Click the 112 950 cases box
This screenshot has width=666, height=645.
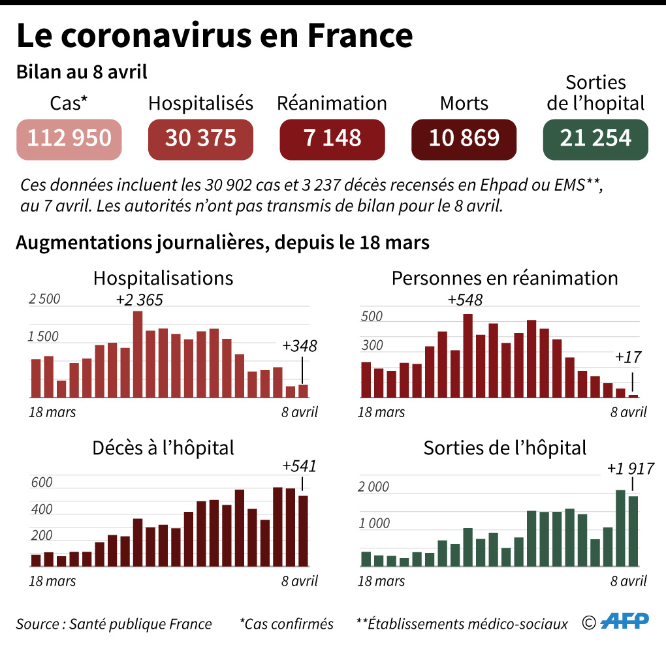pyautogui.click(x=69, y=139)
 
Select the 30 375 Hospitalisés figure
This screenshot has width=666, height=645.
pyautogui.click(x=200, y=139)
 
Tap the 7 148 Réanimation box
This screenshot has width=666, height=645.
pyautogui.click(x=332, y=139)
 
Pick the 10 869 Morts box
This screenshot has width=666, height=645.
pyautogui.click(x=464, y=139)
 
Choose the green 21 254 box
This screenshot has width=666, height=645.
pyautogui.click(x=595, y=139)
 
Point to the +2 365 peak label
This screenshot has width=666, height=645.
pyautogui.click(x=139, y=300)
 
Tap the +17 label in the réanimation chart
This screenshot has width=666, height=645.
pyautogui.click(x=628, y=357)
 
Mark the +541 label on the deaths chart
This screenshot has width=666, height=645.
pyautogui.click(x=299, y=466)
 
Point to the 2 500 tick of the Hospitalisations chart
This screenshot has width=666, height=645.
pyautogui.click(x=44, y=299)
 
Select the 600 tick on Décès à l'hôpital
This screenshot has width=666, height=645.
pyautogui.click(x=41, y=483)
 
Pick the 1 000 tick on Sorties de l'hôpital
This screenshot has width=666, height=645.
pyautogui.click(x=374, y=524)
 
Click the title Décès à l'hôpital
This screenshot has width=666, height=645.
pyautogui.click(x=163, y=448)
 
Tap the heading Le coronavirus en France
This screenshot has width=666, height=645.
pyautogui.click(x=215, y=36)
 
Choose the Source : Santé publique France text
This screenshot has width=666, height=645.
pyautogui.click(x=114, y=623)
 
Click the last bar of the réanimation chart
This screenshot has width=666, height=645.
pyautogui.click(x=633, y=396)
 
